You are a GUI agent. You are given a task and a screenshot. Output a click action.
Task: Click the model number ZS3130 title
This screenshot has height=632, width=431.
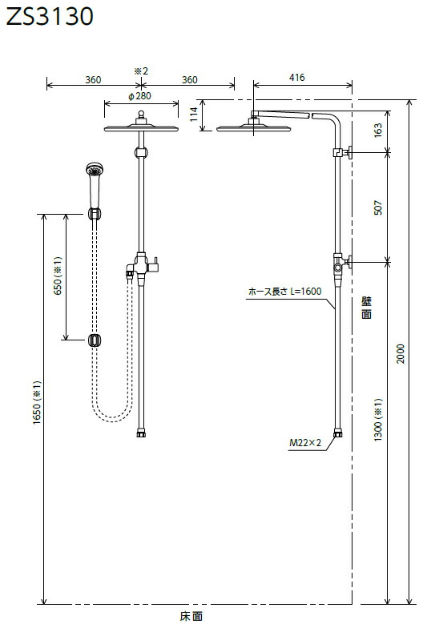pos(50,17)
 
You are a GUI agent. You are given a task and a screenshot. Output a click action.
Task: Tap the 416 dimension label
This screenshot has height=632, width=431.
pos(296,78)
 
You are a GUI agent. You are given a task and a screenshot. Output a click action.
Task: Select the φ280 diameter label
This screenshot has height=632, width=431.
pos(139,96)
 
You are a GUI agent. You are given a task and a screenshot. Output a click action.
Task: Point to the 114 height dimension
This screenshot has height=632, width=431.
pos(194,114)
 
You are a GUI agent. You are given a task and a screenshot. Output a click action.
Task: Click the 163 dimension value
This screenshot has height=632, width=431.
pos(378,131)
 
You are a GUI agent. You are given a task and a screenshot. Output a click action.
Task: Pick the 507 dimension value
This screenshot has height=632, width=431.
pos(378,207)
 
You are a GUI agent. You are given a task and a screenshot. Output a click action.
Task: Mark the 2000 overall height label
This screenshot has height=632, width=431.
pos(401,353)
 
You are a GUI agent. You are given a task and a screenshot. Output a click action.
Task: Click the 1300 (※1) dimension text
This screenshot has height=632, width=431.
pos(378,420)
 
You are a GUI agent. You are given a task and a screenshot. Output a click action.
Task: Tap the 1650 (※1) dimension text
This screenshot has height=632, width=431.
pos(38,402)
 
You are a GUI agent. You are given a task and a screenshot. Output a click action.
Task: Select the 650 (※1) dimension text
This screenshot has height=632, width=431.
pos(58,276)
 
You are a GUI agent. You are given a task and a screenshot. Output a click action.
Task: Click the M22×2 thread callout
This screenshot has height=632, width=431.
pos(305,443)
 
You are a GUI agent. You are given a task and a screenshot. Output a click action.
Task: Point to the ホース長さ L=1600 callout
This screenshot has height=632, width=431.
pos(284,292)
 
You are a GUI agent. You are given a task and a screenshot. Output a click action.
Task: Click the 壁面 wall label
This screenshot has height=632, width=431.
pos(366,307)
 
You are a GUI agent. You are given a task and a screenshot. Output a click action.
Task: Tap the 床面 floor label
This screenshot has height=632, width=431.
pos(191,616)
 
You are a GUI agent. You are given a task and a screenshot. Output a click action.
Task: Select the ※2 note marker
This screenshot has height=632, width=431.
pos(141,71)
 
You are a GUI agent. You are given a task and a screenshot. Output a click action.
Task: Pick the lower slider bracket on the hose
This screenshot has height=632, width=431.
pos(95,340)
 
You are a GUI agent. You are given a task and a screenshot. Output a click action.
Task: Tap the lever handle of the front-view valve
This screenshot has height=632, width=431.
pos(154,264)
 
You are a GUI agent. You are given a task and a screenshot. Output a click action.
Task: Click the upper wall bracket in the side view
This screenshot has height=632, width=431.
pos(343,152)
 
